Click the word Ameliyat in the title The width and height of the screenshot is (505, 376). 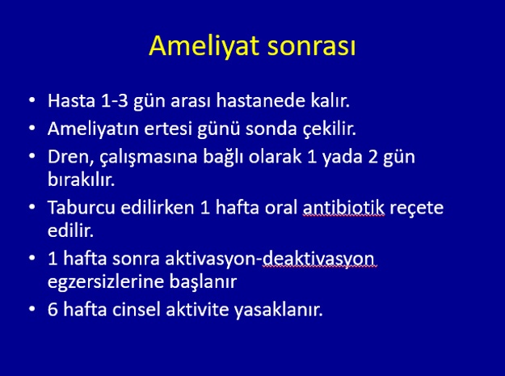[204, 46]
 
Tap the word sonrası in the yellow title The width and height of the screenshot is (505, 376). [311, 47]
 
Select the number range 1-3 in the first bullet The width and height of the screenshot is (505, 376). [115, 100]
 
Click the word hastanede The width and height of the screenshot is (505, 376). [260, 100]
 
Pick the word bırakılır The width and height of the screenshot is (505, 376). [81, 180]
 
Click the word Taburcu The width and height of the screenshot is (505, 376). [81, 208]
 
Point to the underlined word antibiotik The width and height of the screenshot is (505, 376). [343, 208]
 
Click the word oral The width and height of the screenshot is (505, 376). [281, 208]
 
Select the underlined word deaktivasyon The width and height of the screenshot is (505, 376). [320, 260]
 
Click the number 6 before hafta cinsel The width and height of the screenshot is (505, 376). [53, 310]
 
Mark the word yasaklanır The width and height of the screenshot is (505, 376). [278, 311]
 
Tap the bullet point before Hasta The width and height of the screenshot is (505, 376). [32, 99]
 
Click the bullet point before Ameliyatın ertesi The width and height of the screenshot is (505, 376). [32, 128]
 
